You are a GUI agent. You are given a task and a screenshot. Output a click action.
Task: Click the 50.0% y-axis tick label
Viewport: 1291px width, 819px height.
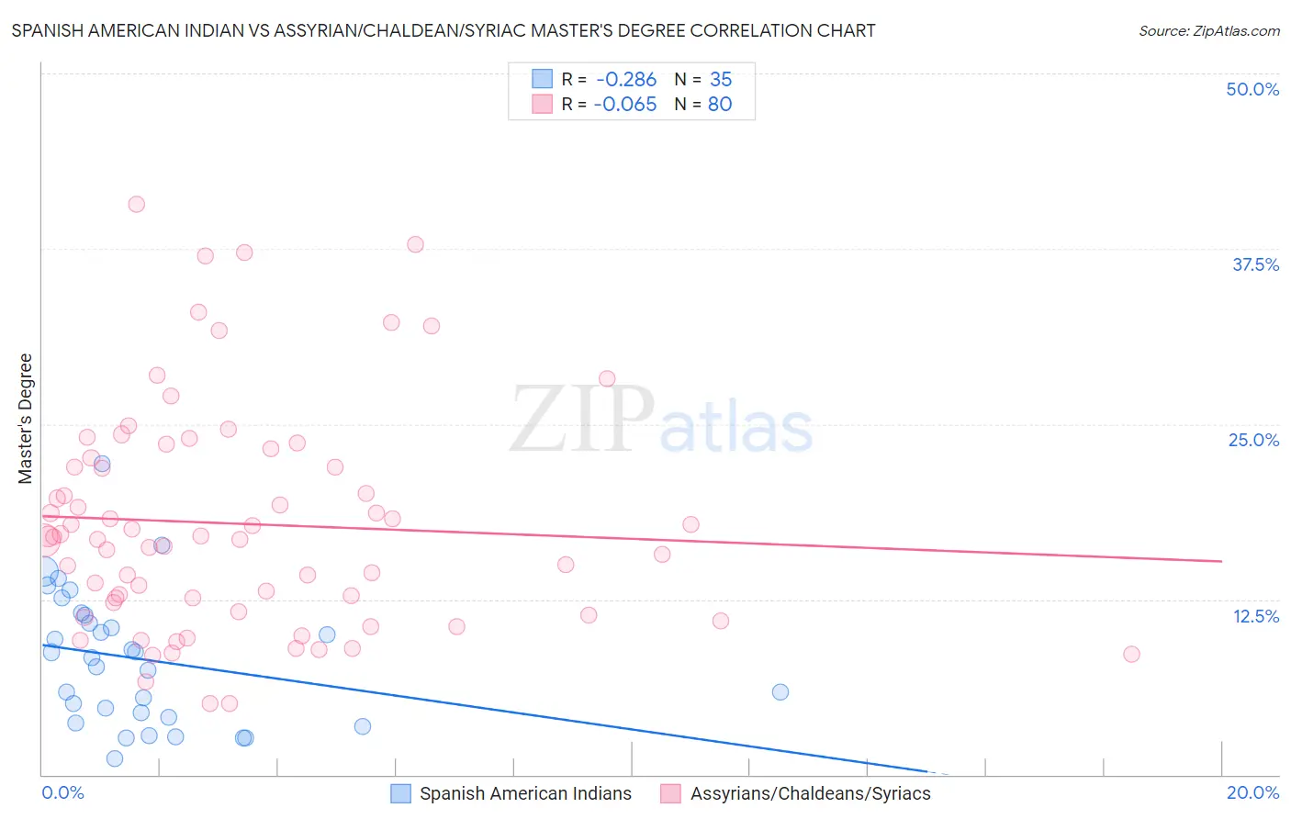point(1252,89)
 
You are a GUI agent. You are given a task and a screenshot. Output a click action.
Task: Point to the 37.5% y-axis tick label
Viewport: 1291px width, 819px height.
point(1255,264)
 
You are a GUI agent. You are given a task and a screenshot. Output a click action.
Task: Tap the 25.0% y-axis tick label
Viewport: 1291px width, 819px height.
point(1253,440)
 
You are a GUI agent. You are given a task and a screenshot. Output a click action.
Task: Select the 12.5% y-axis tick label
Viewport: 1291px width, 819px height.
point(1255,616)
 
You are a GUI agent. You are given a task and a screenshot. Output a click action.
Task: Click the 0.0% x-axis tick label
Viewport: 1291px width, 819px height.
point(62,792)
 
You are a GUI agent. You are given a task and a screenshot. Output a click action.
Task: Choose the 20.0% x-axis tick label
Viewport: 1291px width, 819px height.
point(1252,792)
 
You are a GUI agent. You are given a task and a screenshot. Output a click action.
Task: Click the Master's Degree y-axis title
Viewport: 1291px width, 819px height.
point(25,419)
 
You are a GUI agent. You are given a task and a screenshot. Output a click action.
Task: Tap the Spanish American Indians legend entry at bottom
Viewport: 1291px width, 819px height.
point(525,793)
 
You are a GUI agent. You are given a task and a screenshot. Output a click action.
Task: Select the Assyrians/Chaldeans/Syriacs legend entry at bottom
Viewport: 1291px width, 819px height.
point(810,793)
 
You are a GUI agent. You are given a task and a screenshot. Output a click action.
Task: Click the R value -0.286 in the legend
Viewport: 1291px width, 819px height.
point(626,80)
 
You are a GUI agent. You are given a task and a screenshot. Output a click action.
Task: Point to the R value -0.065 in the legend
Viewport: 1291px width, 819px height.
point(625,105)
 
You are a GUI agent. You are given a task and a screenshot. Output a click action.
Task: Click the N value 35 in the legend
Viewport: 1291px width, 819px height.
point(721,80)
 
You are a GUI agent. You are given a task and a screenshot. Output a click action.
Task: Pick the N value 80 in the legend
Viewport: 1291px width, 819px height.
point(720,105)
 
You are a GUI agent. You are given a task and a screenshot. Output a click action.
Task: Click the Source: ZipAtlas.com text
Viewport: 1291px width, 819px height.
point(1208,30)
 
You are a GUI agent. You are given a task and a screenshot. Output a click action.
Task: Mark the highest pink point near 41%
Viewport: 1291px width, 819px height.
point(137,204)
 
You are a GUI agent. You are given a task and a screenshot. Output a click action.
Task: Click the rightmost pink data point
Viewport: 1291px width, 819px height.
point(1131,654)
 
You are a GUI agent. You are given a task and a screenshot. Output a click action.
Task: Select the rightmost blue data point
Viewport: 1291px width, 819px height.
point(780,691)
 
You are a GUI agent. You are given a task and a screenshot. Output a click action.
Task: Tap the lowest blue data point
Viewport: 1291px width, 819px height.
point(115,758)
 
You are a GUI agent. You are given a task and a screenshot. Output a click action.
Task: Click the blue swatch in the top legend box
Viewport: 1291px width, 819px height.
point(543,79)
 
